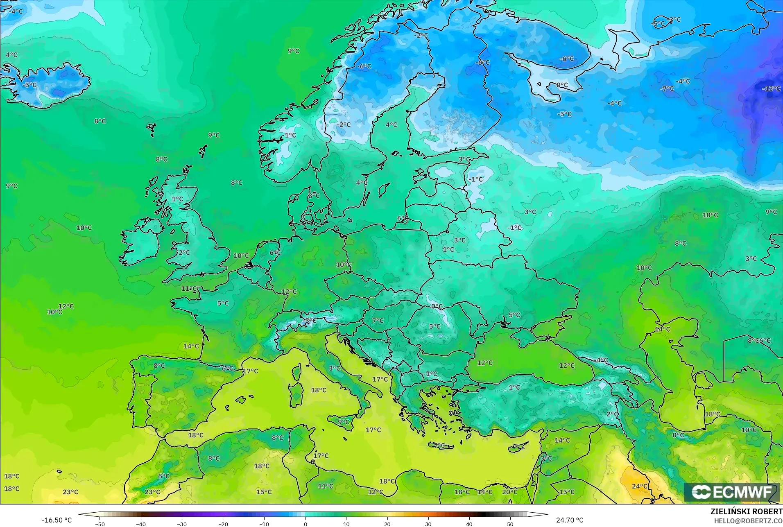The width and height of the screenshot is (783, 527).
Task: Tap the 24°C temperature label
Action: click(x=640, y=486)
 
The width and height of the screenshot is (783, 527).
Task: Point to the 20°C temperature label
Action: click(x=510, y=492)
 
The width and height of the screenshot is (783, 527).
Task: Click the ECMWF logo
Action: click(x=731, y=492)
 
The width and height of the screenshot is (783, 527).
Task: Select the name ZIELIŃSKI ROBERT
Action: click(x=746, y=512)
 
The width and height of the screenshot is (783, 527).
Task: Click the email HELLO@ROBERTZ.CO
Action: click(x=748, y=521)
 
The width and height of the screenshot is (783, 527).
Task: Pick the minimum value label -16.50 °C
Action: click(x=57, y=520)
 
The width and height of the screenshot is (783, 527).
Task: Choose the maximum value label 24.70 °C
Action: click(x=570, y=520)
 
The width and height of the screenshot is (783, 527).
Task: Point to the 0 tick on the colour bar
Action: click(x=305, y=524)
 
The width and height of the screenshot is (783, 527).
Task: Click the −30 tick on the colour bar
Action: click(x=182, y=524)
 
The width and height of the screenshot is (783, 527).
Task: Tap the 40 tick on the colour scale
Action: click(x=469, y=524)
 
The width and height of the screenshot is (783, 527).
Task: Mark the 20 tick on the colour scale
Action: click(x=387, y=524)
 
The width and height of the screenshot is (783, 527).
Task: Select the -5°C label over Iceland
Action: click(x=29, y=85)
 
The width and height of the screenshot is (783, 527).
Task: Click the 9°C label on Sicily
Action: click(x=344, y=422)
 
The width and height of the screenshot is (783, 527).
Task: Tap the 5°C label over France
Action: click(x=223, y=303)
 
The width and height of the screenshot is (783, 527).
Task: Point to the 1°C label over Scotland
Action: click(x=177, y=199)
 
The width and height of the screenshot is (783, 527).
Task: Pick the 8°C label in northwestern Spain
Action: click(x=159, y=366)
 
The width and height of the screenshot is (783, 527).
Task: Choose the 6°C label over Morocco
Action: click(x=164, y=476)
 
